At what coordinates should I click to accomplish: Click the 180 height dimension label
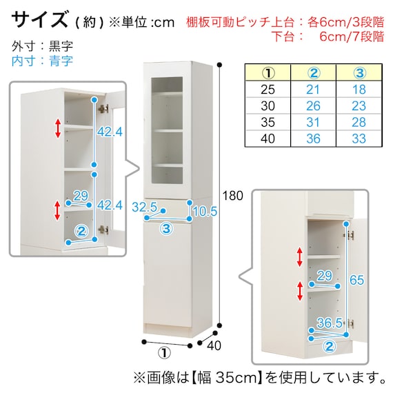(232, 196)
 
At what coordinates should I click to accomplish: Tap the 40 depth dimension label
(214, 345)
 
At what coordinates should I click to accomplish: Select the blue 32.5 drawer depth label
(144, 207)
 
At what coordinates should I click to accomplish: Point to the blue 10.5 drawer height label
(205, 211)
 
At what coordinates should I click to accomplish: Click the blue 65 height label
(356, 280)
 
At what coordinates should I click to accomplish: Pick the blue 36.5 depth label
(330, 323)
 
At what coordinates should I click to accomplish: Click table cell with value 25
(268, 90)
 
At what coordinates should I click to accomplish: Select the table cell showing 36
(313, 139)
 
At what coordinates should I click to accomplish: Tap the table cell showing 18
(359, 90)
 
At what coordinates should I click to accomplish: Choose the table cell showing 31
(313, 122)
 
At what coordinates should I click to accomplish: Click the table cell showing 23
(359, 105)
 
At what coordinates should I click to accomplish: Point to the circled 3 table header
(359, 73)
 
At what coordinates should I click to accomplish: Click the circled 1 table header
(268, 73)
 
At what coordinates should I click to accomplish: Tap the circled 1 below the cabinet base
(164, 353)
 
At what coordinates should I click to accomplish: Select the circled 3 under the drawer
(166, 229)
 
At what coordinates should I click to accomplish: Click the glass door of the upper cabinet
(167, 130)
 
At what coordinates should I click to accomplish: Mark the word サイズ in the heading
(39, 19)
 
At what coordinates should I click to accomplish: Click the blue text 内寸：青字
(42, 61)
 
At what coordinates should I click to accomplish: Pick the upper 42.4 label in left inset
(110, 132)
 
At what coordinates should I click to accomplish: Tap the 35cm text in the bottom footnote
(236, 378)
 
